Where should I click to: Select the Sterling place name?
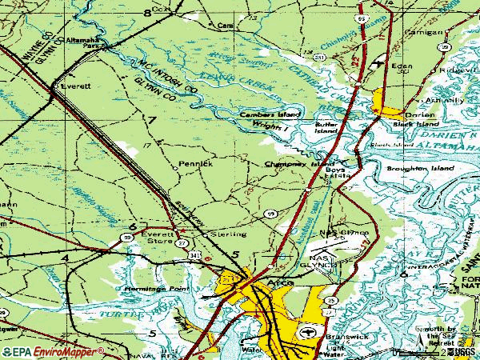click(x=221, y=234)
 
